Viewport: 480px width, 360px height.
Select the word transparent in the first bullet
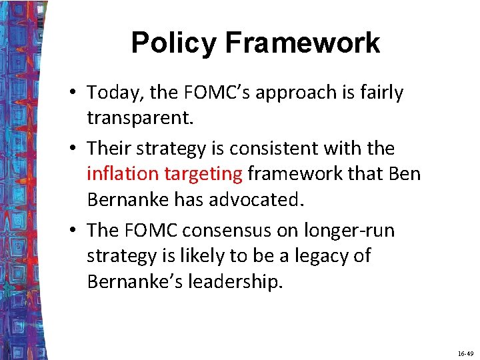click(x=139, y=118)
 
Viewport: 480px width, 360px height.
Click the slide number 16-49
click(x=464, y=353)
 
